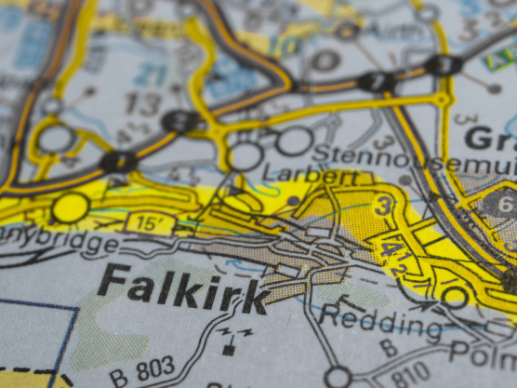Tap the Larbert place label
311,175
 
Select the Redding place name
381,322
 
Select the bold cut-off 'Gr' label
489,140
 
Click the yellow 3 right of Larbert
382,206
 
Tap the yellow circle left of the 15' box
71,207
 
